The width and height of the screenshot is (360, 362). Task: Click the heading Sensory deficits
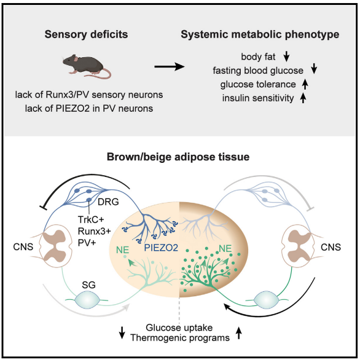coord(86,34)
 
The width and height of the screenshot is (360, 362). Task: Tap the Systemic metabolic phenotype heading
coord(260,34)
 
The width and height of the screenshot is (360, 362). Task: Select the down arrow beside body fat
coord(286,57)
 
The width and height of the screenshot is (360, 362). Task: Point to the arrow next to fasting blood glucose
coord(314,69)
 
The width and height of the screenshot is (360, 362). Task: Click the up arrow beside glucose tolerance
coord(305,84)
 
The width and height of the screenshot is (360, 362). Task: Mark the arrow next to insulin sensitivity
coord(303,98)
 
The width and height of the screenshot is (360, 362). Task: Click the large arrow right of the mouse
coord(170,67)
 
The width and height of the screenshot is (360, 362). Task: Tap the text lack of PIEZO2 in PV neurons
coord(89,108)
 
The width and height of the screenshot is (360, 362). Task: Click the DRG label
coord(108,202)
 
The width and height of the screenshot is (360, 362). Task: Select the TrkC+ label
coord(91,219)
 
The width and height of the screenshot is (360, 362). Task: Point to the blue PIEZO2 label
coord(161,248)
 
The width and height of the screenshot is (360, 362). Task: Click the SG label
coord(88,285)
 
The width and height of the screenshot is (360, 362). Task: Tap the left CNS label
coord(23,247)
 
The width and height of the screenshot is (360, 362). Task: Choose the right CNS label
coord(331,247)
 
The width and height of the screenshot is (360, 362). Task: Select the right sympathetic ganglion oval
coord(266,300)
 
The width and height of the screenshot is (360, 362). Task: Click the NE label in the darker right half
coord(225,248)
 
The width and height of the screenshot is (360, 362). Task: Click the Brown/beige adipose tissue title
coord(178,157)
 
